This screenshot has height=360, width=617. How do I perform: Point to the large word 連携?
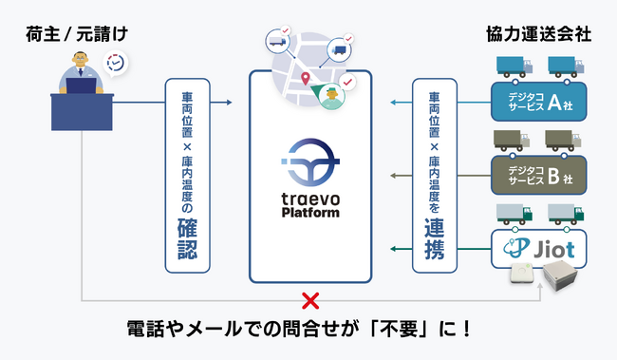436,239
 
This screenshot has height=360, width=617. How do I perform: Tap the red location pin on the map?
306,79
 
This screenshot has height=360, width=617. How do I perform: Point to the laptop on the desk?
82,85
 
